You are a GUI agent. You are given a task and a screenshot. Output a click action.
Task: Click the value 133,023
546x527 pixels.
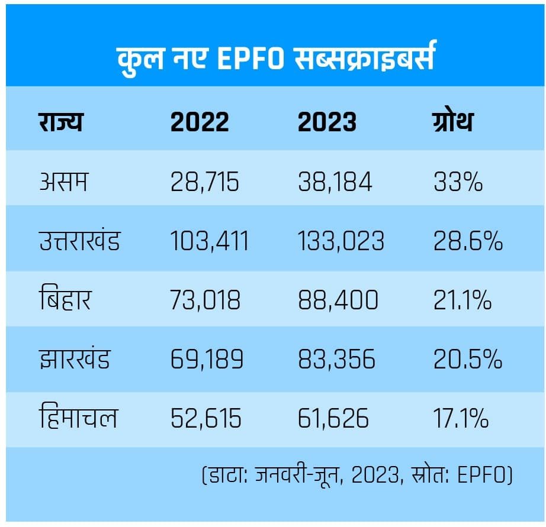pos(341,241)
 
